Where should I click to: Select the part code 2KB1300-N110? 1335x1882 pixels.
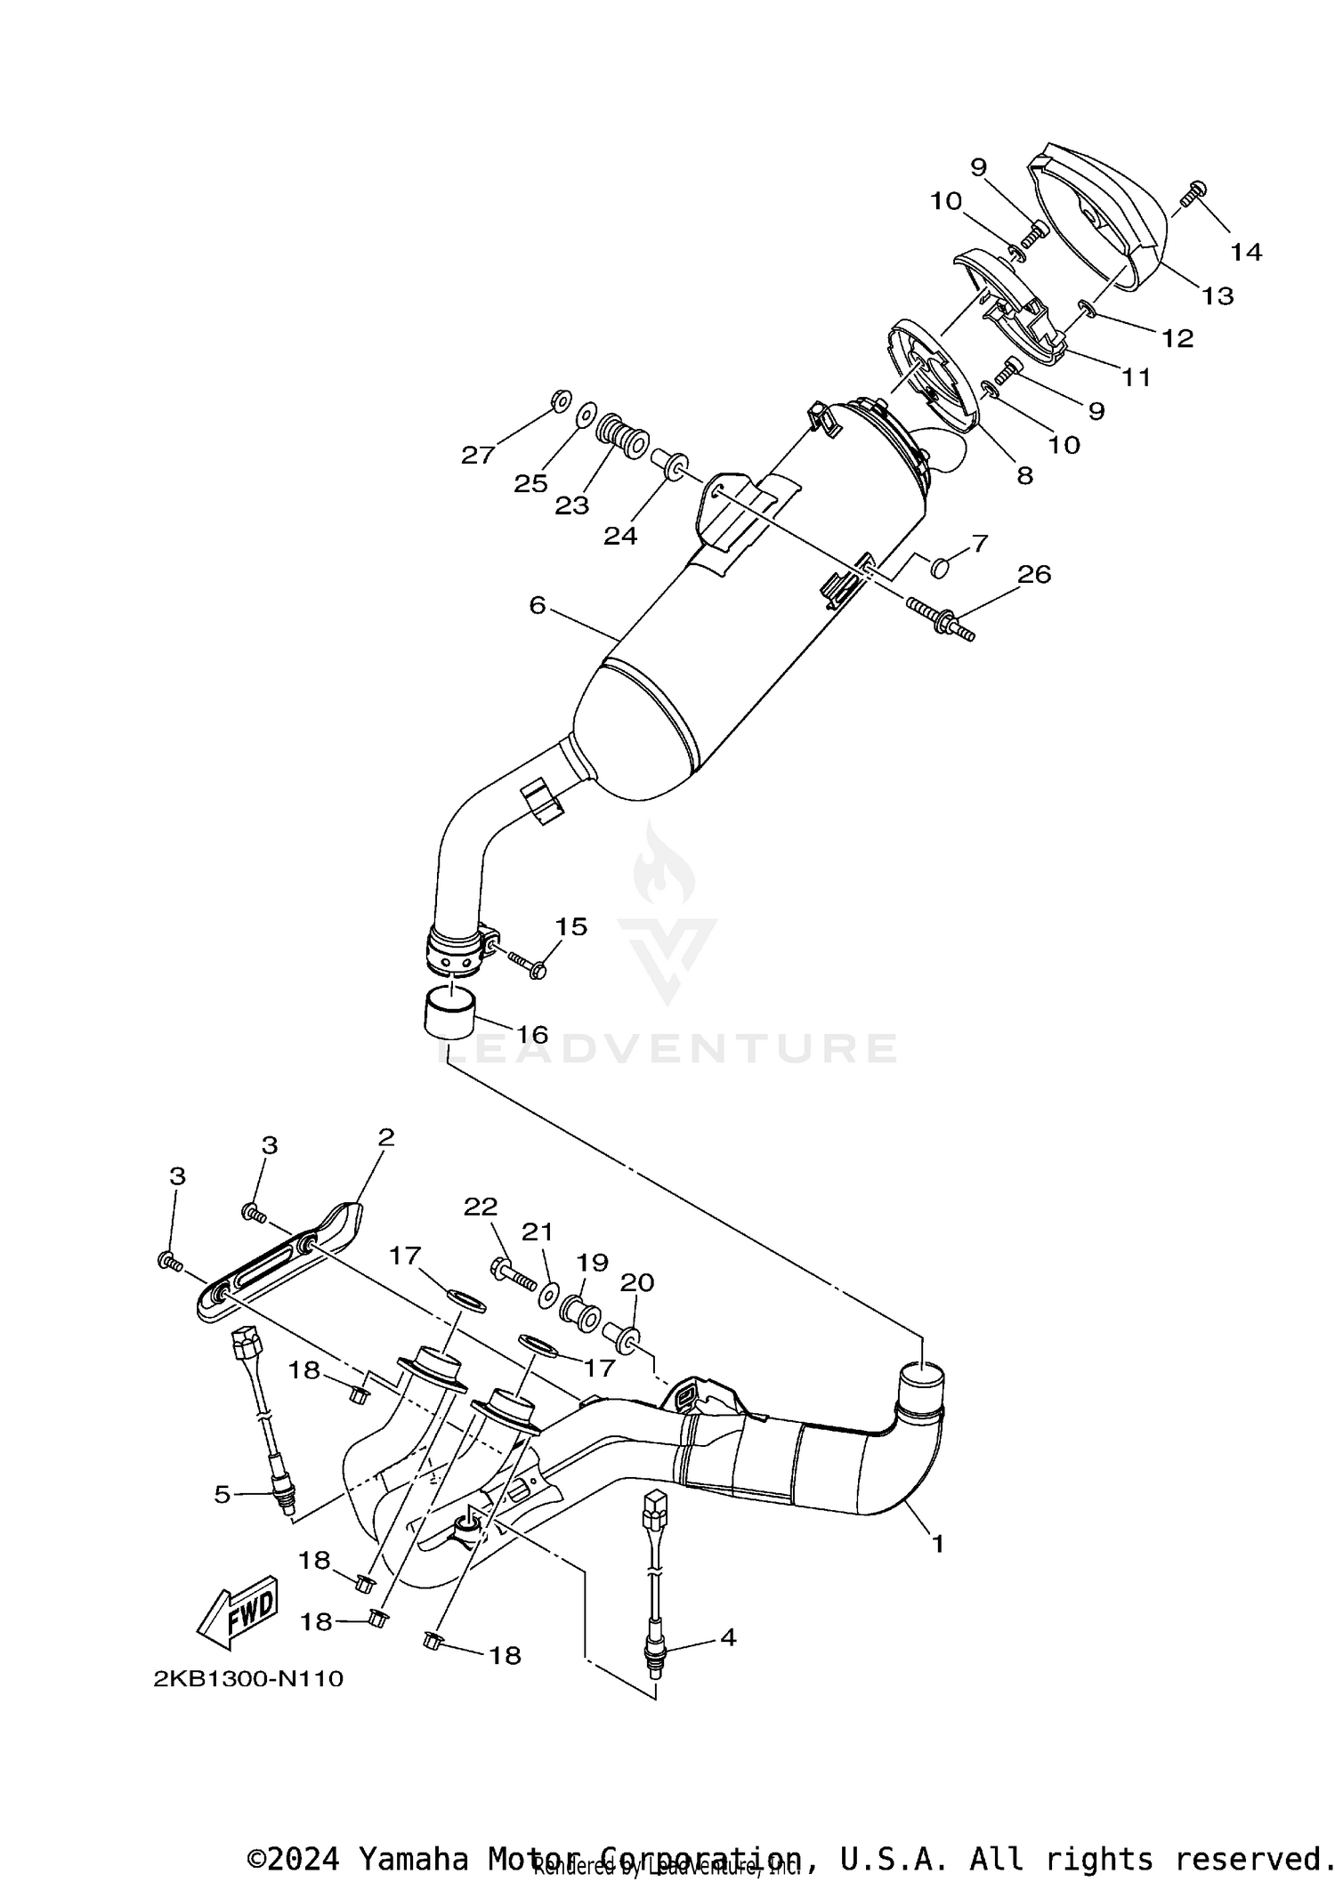248,1679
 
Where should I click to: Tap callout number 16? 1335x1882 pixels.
532,1035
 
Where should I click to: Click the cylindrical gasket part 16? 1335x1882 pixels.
449,1014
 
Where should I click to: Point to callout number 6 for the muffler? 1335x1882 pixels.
537,605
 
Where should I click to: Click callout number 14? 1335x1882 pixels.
1246,252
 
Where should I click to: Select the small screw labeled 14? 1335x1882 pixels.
1193,190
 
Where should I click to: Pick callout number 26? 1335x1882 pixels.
1034,575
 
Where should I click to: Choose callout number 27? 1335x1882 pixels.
478,456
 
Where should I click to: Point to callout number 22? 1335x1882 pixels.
481,1208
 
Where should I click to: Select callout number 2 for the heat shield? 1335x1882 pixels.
385,1138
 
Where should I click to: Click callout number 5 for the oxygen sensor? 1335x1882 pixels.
222,1494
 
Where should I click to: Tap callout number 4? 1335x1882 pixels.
728,1637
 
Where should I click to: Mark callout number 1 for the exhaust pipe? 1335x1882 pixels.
936,1543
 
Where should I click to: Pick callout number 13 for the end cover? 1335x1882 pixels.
1218,295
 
